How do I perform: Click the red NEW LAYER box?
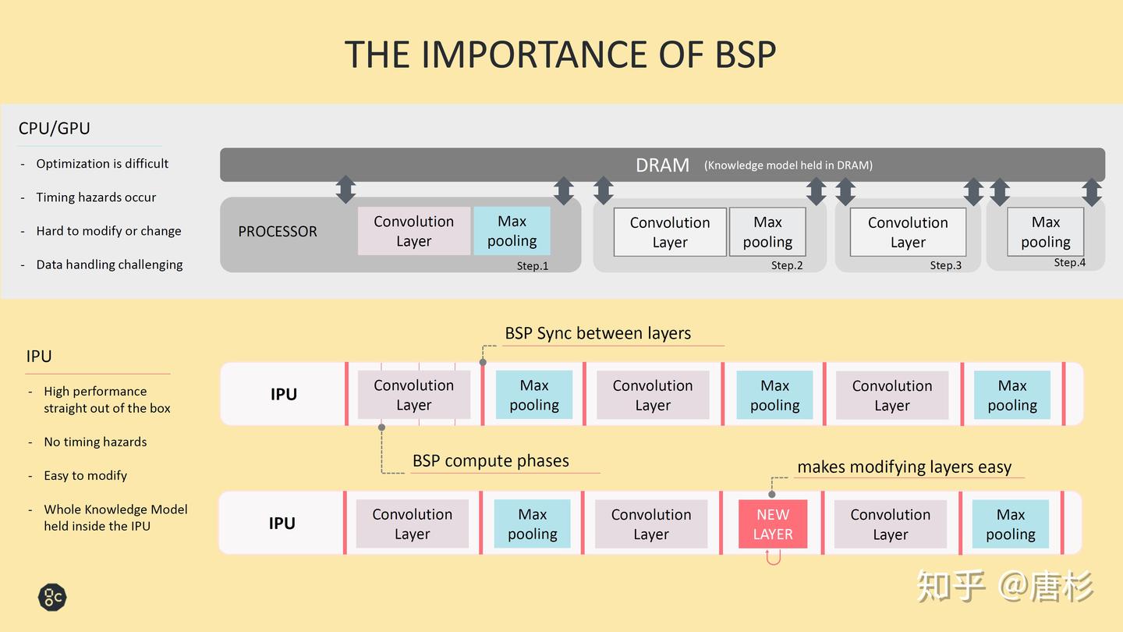click(773, 524)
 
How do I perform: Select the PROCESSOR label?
click(278, 231)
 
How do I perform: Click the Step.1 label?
click(533, 266)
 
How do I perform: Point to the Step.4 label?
click(1069, 262)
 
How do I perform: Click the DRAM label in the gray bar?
click(662, 165)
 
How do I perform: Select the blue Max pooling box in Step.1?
click(512, 231)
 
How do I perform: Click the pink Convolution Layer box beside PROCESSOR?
click(413, 231)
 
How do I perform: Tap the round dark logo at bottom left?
click(52, 597)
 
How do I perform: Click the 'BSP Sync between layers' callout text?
click(597, 333)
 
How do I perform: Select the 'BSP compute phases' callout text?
click(491, 460)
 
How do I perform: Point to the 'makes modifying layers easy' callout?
click(905, 467)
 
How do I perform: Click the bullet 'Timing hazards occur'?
click(96, 197)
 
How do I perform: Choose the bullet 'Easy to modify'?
click(85, 475)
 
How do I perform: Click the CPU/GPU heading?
click(54, 129)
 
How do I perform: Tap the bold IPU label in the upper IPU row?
click(284, 394)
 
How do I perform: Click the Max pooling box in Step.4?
click(1045, 232)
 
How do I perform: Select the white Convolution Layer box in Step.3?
click(908, 233)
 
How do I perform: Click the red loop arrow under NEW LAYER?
click(773, 558)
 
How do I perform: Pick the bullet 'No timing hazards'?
click(95, 442)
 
